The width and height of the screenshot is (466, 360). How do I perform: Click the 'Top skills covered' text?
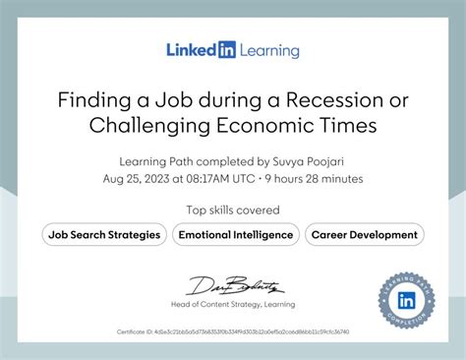pos(233,210)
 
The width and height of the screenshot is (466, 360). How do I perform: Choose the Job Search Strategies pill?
pos(104,234)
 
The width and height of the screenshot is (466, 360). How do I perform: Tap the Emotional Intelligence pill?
pos(235,234)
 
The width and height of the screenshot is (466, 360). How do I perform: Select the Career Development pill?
pos(364,234)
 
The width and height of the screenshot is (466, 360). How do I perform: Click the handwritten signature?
pos(234,286)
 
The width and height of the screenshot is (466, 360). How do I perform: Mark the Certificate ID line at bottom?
pos(232,332)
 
